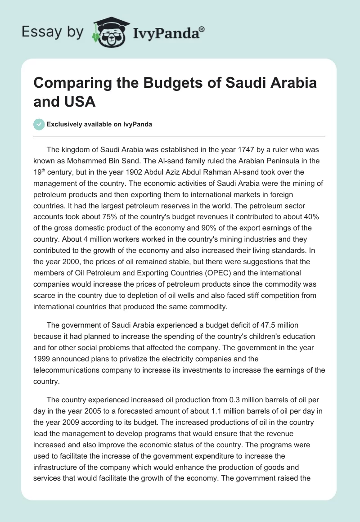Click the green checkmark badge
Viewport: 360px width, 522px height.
39,124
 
